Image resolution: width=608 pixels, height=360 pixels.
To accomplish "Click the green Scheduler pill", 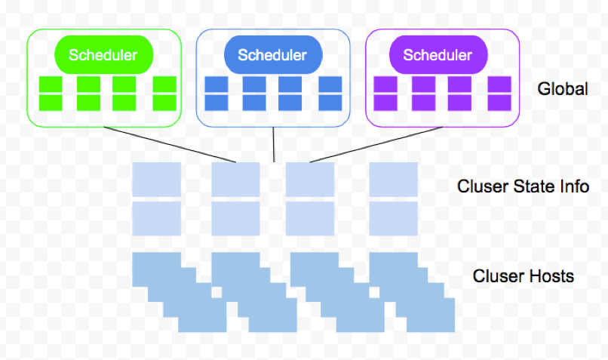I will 103,54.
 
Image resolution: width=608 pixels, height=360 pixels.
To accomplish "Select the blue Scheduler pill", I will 273,54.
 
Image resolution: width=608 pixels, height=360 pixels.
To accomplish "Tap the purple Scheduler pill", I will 438,54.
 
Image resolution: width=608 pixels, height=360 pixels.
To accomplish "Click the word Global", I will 562,89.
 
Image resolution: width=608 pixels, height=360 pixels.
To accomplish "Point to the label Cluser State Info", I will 523,186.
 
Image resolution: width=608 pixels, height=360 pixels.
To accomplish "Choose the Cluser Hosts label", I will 523,275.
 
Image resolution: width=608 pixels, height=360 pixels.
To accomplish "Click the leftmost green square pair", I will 53,93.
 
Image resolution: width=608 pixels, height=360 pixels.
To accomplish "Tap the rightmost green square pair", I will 164,93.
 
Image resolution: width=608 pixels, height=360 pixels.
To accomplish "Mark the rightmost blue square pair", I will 330,93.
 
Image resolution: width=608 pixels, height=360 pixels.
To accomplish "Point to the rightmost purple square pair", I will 499,93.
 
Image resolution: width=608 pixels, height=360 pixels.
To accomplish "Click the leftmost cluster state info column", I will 157,198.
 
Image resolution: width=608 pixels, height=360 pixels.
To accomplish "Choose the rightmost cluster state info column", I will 392,198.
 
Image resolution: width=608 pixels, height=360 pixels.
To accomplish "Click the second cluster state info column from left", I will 236,198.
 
